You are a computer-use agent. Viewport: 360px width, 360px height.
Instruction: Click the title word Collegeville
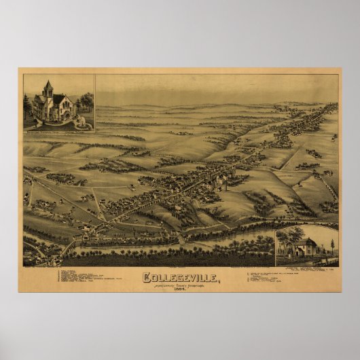point(179,277)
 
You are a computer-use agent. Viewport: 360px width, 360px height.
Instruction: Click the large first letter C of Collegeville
point(146,277)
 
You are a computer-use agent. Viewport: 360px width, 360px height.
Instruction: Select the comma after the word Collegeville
point(218,280)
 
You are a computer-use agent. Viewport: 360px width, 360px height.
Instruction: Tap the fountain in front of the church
point(82,123)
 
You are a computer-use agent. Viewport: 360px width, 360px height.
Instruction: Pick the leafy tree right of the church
point(86,102)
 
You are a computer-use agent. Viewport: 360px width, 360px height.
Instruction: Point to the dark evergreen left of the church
point(27,105)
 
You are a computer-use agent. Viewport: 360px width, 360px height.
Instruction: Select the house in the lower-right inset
point(306,248)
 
